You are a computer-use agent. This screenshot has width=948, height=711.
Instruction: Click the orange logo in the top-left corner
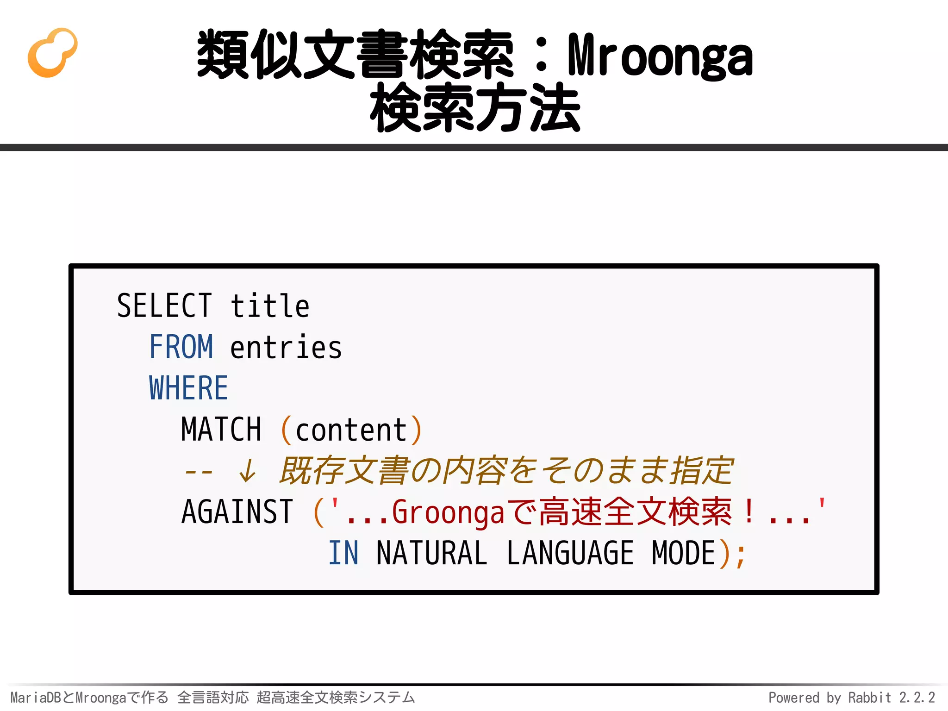pyautogui.click(x=52, y=53)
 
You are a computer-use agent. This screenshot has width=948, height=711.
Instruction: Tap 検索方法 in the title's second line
pyautogui.click(x=475, y=108)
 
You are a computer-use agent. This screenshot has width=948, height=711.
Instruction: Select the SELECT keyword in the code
pyautogui.click(x=164, y=306)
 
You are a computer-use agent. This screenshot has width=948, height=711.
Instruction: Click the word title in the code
pyautogui.click(x=270, y=306)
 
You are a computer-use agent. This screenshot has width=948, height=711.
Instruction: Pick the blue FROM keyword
pyautogui.click(x=181, y=347)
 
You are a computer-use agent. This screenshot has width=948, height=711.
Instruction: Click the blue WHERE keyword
pyautogui.click(x=188, y=388)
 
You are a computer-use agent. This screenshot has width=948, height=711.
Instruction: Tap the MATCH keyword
pyautogui.click(x=221, y=430)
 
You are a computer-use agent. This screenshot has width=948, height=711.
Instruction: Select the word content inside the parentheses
pyautogui.click(x=351, y=430)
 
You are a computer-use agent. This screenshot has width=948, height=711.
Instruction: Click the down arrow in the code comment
pyautogui.click(x=247, y=471)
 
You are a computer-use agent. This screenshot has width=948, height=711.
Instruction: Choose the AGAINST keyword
pyautogui.click(x=237, y=512)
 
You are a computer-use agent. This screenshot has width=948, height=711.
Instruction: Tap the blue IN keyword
pyautogui.click(x=343, y=553)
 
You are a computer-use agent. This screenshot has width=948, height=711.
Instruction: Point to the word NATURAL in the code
pyautogui.click(x=431, y=553)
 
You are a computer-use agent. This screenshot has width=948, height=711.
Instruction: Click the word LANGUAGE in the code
pyautogui.click(x=570, y=553)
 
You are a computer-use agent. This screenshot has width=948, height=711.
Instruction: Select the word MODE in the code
pyautogui.click(x=684, y=553)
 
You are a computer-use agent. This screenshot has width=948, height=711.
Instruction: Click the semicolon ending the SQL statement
pyautogui.click(x=741, y=555)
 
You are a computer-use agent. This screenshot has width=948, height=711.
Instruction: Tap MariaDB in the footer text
pyautogui.click(x=36, y=697)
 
